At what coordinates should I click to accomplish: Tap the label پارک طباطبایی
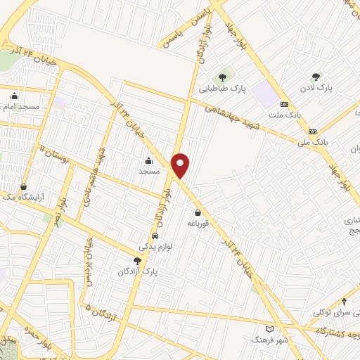tap(221, 89)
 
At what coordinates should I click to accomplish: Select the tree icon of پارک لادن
tap(316, 77)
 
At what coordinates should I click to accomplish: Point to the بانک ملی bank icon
tap(312, 131)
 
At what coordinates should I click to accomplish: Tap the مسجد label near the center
tap(149, 171)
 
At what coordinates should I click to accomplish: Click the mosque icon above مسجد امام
tap(15, 96)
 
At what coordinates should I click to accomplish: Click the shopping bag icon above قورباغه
tap(198, 212)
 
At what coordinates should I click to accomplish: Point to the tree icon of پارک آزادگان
tap(137, 261)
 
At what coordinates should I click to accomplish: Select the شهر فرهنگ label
tap(271, 340)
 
